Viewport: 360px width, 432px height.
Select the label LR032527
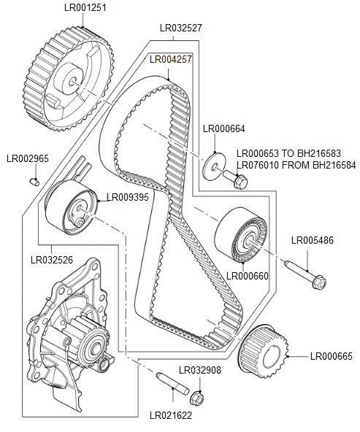(x=181, y=28)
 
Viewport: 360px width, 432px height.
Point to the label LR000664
(x=224, y=129)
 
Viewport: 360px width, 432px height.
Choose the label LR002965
(x=28, y=158)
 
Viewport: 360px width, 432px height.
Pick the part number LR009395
(x=128, y=197)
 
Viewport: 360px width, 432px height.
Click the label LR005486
(x=313, y=239)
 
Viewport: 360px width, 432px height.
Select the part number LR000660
(x=248, y=276)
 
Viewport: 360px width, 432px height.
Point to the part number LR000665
(x=331, y=356)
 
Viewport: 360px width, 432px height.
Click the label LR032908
(x=200, y=370)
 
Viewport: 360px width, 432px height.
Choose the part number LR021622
(x=171, y=415)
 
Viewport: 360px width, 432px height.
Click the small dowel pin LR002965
(x=34, y=180)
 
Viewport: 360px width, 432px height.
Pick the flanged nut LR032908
(x=196, y=398)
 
